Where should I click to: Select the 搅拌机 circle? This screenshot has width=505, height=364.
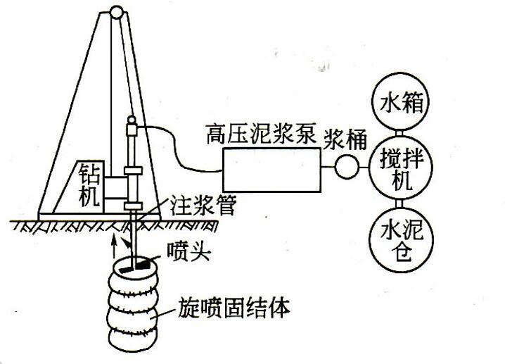click(399, 165)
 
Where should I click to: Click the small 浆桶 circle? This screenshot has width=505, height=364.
click(346, 166)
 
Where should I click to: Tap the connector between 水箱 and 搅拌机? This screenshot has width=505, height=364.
click(399, 133)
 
